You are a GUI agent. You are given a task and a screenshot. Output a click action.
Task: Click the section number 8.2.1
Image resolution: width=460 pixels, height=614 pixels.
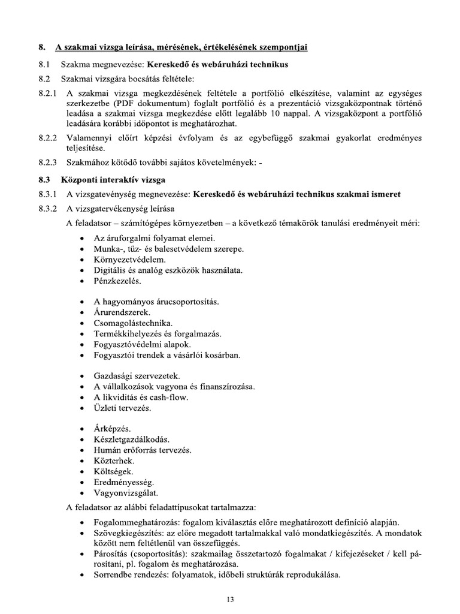tap(47, 93)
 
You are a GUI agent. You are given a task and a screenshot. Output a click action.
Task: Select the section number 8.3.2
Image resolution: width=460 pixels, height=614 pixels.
tap(47, 209)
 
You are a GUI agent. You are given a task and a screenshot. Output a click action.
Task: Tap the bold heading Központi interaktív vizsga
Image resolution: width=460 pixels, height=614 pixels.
tap(113, 179)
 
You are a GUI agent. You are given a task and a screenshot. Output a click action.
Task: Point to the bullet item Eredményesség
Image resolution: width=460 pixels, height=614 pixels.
tap(124, 482)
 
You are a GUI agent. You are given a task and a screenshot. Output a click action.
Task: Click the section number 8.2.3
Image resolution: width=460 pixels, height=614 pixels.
tap(47, 162)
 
